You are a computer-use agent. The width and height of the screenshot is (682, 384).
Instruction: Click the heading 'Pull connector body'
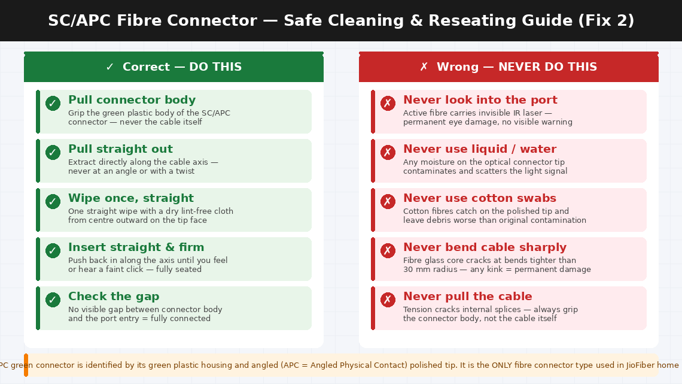(x=132, y=100)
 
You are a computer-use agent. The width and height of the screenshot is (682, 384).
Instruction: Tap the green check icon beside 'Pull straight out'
(x=53, y=153)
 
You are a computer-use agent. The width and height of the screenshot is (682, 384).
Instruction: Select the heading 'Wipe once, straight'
(x=130, y=198)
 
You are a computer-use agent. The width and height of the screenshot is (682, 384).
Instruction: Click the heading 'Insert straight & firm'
(x=136, y=247)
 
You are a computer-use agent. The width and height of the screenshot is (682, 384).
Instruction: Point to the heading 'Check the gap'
(x=114, y=297)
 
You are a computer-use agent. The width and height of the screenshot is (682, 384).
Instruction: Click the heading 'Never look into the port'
(x=480, y=100)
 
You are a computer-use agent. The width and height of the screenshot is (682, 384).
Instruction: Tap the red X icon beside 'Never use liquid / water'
(x=388, y=153)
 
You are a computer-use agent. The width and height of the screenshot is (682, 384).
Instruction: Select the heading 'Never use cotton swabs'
(x=479, y=198)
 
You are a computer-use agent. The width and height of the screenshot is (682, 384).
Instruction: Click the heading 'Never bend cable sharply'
(x=485, y=247)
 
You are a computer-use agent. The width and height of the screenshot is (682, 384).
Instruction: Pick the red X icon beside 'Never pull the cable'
(x=388, y=300)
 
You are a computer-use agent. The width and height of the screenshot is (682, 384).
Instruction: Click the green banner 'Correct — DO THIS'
(x=173, y=67)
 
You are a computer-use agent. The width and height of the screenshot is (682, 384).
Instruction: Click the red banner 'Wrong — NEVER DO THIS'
(x=509, y=67)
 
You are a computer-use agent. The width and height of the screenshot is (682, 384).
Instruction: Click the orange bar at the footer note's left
(x=26, y=365)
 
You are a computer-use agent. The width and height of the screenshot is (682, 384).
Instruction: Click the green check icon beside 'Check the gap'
(x=53, y=300)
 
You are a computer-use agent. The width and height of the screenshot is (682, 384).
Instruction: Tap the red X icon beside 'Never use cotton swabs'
(x=388, y=202)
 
